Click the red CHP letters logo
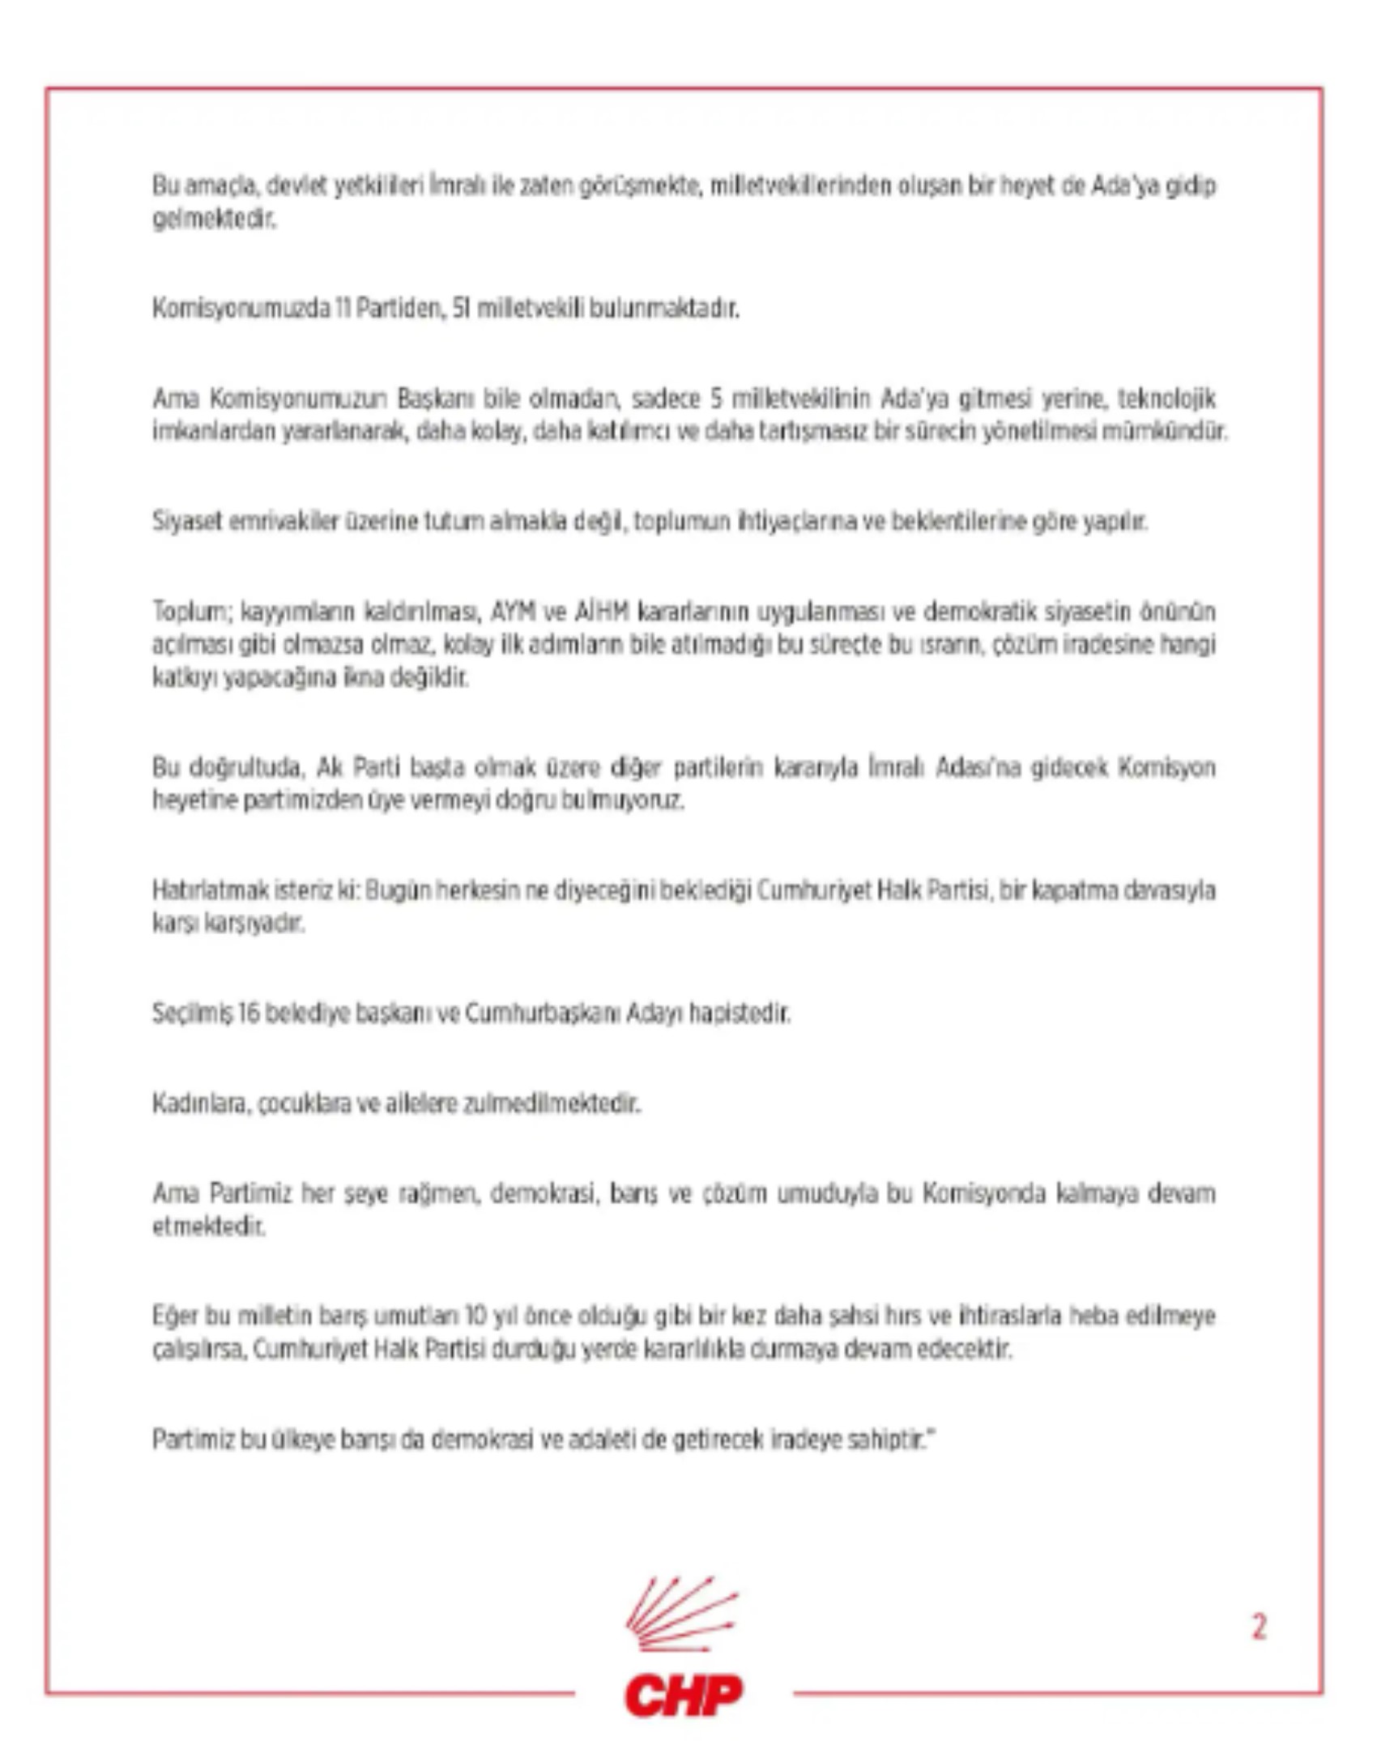[683, 1695]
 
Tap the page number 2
[1259, 1626]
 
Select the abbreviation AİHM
[601, 611]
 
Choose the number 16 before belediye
[249, 1013]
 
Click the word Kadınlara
[201, 1103]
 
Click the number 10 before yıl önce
[478, 1316]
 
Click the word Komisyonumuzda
[241, 309]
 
